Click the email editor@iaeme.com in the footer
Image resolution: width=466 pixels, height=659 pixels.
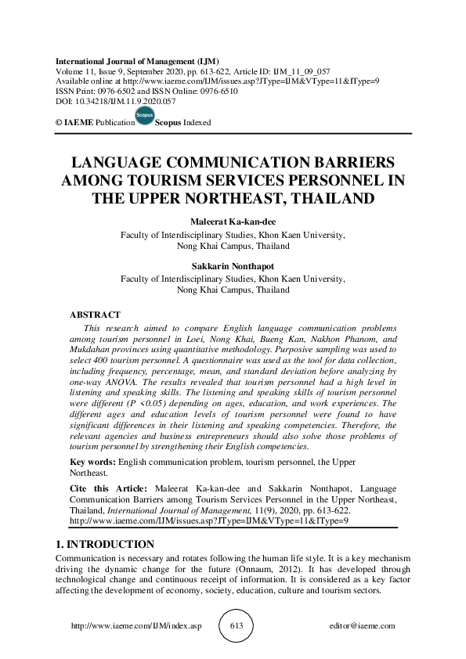point(363,626)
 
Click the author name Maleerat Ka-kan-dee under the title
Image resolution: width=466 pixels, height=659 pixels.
point(233,222)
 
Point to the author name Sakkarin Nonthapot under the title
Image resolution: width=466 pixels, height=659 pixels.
point(233,266)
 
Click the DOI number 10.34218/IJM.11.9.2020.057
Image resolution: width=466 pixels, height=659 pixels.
point(121,101)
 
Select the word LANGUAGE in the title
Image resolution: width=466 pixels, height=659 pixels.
point(125,164)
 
